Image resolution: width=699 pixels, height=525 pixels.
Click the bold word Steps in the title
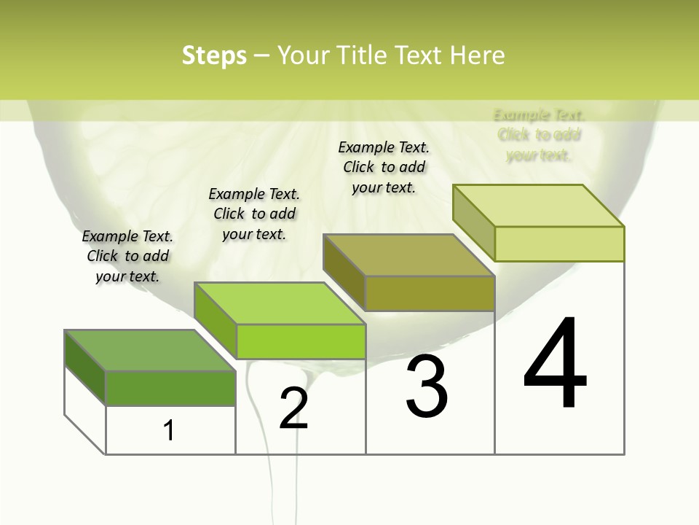[x=214, y=55]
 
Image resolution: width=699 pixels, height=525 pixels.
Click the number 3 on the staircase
[x=427, y=386]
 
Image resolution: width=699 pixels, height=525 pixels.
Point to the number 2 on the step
[x=293, y=408]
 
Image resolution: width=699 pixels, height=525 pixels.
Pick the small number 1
[x=169, y=430]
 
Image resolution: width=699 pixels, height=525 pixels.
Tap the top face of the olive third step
[x=408, y=255]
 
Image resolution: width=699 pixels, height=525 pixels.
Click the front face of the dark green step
[x=170, y=388]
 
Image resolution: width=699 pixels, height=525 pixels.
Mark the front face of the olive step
[x=430, y=294]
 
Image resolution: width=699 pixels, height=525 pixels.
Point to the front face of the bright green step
[x=301, y=341]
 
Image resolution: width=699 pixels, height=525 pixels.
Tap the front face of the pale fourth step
[x=559, y=244]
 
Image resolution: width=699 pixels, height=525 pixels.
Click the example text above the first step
[x=127, y=256]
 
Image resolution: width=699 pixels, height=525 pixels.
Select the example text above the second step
[x=254, y=214]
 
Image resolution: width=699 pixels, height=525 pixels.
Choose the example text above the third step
[x=384, y=167]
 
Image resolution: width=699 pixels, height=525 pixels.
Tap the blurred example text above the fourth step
[x=539, y=135]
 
